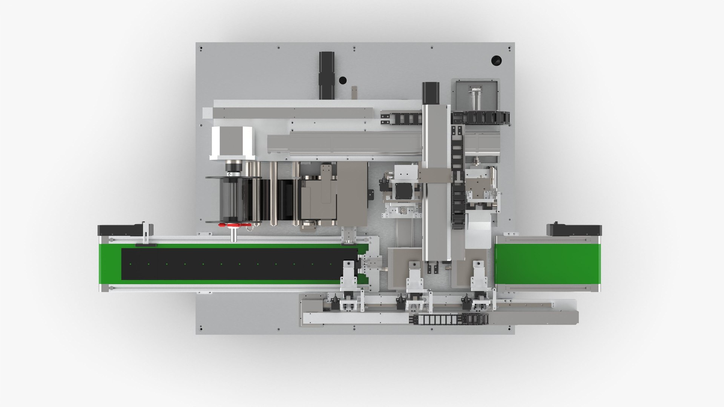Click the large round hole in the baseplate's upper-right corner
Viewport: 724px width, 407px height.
tap(497, 60)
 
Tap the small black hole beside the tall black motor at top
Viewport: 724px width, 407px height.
tap(342, 80)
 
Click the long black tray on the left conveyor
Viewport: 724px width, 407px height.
tap(238, 264)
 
